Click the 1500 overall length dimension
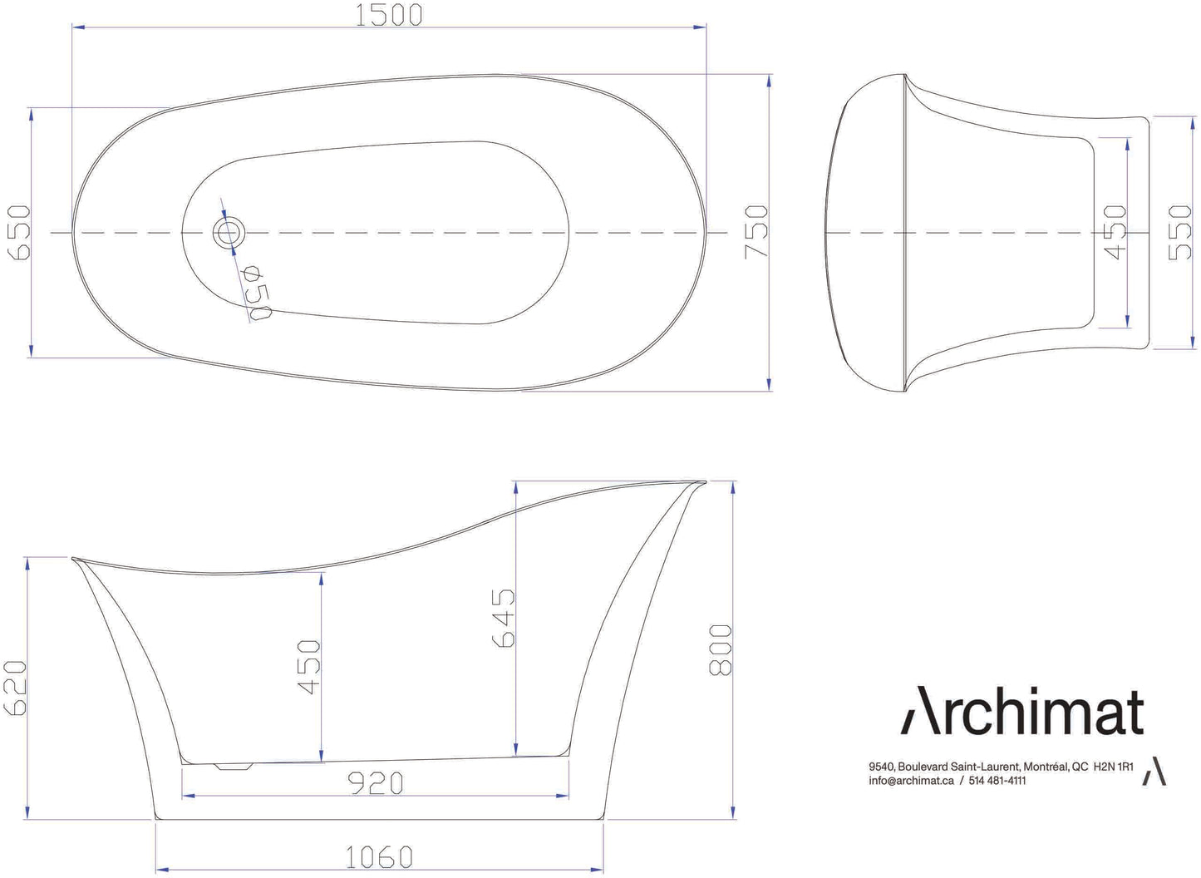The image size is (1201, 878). click(389, 15)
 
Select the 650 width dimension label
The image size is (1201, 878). click(19, 232)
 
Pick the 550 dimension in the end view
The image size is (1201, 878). click(1180, 232)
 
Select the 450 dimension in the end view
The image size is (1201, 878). click(1116, 232)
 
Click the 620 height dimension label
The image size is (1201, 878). click(17, 688)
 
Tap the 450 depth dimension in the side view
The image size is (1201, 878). click(309, 667)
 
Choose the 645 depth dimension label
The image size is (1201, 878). click(504, 618)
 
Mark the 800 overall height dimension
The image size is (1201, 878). click(721, 649)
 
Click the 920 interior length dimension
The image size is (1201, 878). click(375, 782)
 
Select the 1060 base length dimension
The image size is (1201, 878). click(379, 856)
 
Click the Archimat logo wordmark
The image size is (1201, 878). click(1023, 712)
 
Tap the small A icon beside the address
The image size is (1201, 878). click(1154, 772)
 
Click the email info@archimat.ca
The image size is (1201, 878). click(911, 781)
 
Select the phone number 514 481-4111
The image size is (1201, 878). click(997, 781)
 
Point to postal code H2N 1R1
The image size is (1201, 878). click(1113, 767)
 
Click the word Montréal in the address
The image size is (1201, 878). click(1045, 767)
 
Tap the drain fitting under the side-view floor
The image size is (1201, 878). click(234, 766)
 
